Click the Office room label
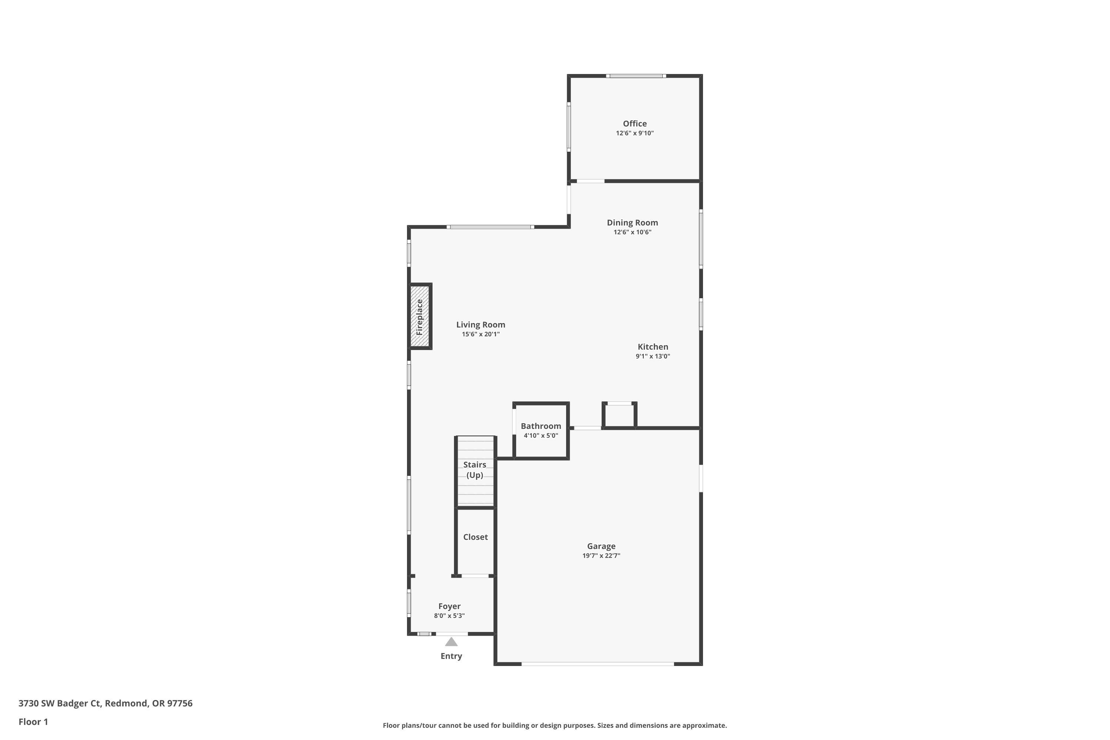[635, 124]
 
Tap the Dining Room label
[632, 223]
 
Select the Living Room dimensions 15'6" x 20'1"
[480, 334]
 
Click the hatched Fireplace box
[420, 317]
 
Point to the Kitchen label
[653, 347]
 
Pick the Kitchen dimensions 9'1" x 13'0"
[653, 356]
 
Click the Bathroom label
[541, 426]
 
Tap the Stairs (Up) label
[475, 470]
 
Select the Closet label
[475, 537]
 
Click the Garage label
[601, 546]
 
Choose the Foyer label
[449, 606]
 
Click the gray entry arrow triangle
[451, 642]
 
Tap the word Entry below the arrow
[451, 656]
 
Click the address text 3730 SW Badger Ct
[60, 703]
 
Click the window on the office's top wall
[636, 75]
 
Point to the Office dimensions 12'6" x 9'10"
[635, 133]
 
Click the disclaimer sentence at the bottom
[555, 725]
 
